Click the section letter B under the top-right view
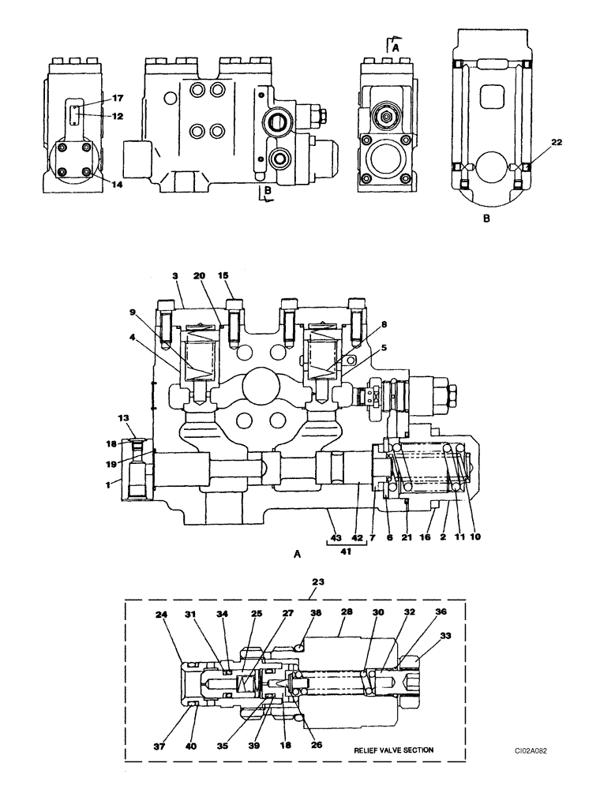tap(486, 219)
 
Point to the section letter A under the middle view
tap(297, 555)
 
